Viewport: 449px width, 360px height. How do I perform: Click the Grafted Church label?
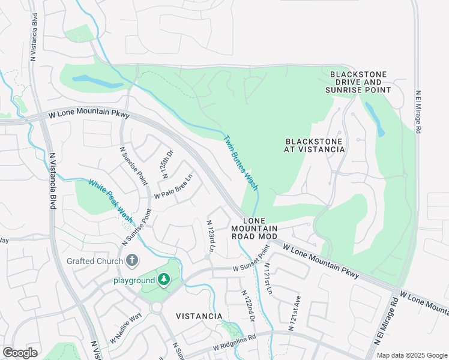click(94, 261)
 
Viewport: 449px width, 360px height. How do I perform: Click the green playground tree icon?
click(163, 280)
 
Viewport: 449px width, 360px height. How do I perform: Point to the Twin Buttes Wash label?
click(241, 164)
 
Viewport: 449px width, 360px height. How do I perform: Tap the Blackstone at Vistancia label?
click(315, 145)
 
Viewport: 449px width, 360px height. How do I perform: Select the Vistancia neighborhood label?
click(199, 316)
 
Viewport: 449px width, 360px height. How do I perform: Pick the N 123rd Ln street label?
click(211, 235)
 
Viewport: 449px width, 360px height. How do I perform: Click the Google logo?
click(20, 352)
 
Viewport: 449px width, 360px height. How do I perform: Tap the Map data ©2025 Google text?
click(411, 355)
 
